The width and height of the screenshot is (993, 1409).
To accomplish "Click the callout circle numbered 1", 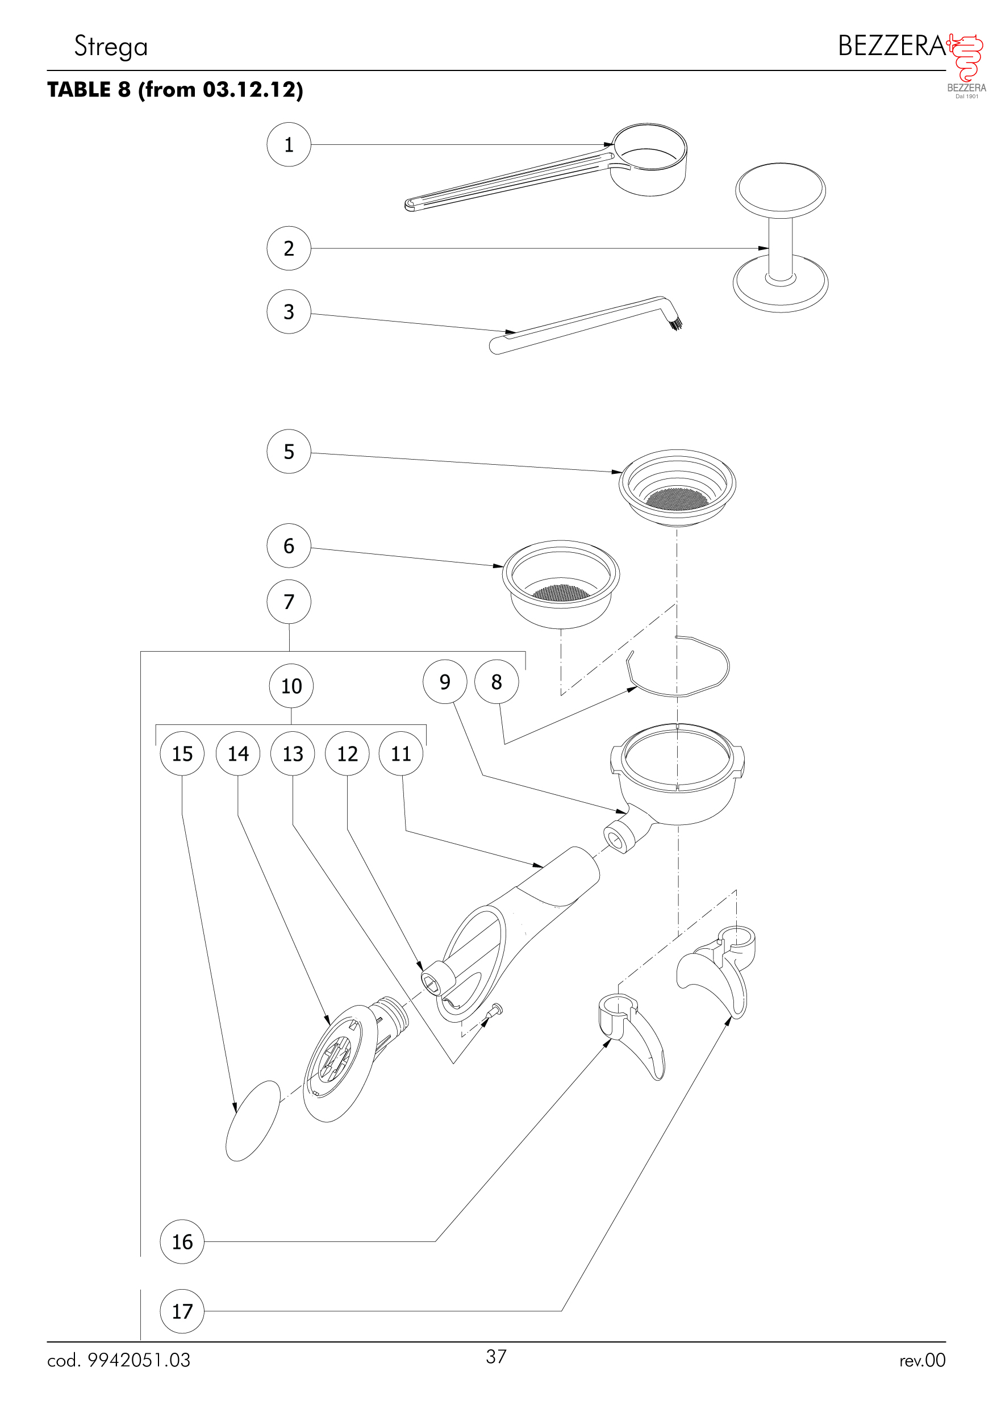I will (289, 145).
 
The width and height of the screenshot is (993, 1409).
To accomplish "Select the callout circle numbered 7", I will (289, 602).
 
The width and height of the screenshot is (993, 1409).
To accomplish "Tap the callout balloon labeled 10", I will (291, 686).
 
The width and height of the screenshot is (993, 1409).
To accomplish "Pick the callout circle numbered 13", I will (293, 753).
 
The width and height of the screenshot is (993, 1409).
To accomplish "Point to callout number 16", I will (182, 1242).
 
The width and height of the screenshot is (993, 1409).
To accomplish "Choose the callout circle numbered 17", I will (182, 1311).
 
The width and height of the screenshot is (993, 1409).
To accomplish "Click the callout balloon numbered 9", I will (445, 682).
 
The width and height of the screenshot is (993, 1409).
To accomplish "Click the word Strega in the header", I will (111, 47).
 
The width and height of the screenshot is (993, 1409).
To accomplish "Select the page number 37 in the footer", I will (496, 1356).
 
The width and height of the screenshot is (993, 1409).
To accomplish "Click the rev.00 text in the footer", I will (922, 1361).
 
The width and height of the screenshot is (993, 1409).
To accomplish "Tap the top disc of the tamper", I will (780, 188).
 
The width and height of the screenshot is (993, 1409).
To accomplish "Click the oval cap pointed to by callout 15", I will (253, 1121).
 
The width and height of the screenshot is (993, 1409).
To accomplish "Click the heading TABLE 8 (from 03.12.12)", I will (176, 90).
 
